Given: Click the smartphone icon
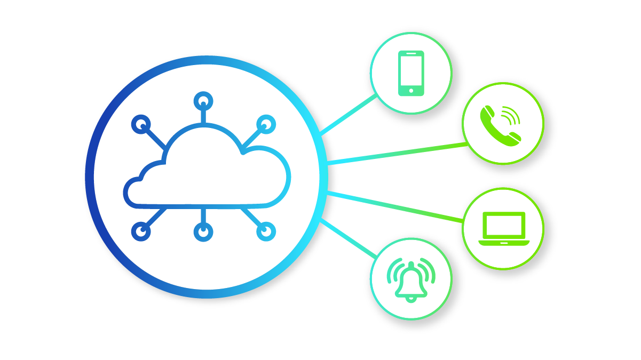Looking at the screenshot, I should coord(411,73).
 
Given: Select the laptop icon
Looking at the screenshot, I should coord(503,229).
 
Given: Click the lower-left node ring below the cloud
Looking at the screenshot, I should coord(140,231).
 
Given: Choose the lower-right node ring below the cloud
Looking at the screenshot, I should coord(266,231).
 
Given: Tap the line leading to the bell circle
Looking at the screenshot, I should coord(347,238).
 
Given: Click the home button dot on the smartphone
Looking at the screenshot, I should coord(411,91).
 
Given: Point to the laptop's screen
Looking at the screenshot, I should coord(503,225).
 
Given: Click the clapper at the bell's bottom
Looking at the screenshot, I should coord(410,299).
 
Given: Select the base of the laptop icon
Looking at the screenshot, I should coord(503,243).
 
